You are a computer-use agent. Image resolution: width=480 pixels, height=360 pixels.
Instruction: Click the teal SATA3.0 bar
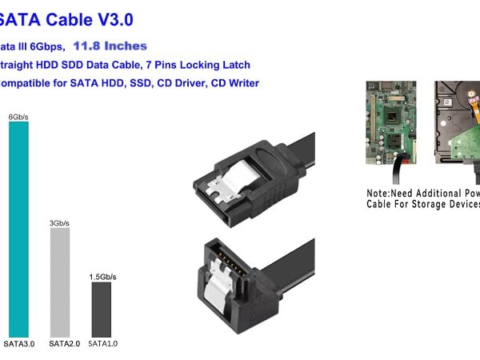(x=18, y=228)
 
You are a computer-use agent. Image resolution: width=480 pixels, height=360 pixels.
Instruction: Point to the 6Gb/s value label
(x=18, y=117)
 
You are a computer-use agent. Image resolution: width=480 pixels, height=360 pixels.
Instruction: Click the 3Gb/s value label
(x=60, y=222)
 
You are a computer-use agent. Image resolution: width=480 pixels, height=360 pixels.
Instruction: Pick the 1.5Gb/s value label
(x=102, y=276)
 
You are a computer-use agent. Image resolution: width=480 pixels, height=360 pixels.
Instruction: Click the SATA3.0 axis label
(x=18, y=344)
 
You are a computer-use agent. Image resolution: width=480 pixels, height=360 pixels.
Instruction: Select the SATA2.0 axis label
(x=62, y=344)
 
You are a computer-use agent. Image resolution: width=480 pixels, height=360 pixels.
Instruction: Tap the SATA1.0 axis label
(x=102, y=344)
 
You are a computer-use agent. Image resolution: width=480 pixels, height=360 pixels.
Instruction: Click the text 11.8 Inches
(x=110, y=46)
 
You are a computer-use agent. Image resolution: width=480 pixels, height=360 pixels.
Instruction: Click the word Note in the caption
(x=380, y=194)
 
